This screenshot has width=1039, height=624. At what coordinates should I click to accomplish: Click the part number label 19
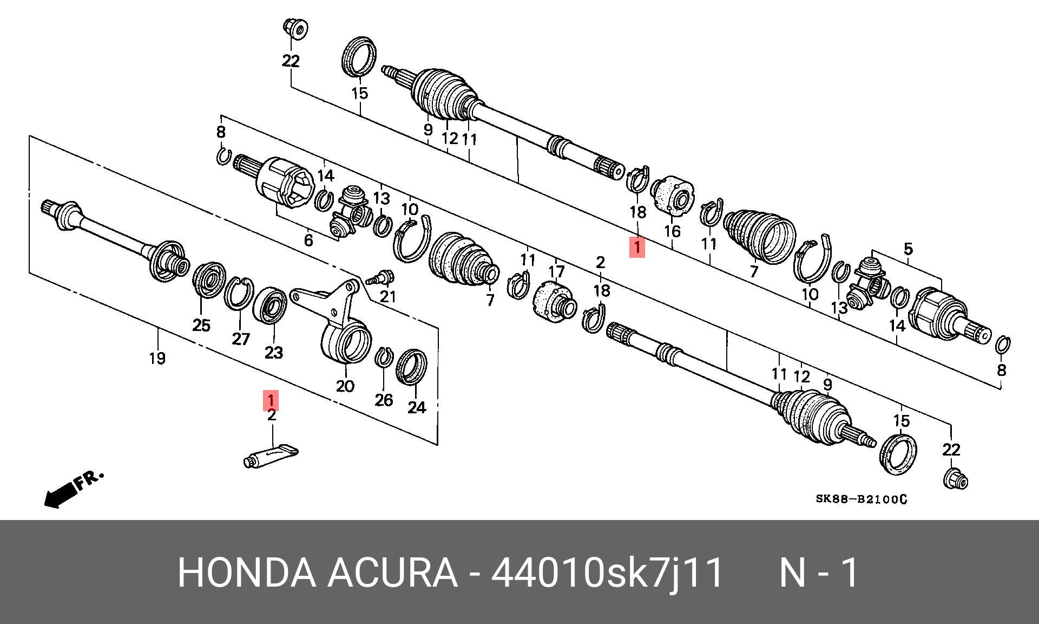coord(157,358)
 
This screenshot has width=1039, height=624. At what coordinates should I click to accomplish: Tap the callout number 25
coord(201,325)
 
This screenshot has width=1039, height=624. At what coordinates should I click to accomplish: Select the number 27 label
coord(241,339)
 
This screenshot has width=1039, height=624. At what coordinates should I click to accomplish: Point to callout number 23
coord(273,353)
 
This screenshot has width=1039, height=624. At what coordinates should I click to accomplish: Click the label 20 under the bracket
coord(345,386)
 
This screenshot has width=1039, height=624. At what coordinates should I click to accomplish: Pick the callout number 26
coord(384,400)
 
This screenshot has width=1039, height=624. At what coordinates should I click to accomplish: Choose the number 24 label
coord(416,407)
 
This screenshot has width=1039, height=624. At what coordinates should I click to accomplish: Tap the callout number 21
coord(388,296)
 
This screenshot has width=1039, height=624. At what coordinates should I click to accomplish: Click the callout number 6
coord(308,239)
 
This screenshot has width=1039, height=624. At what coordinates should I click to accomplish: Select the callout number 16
coord(672,231)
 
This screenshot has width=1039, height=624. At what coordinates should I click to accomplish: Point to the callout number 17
coord(556,271)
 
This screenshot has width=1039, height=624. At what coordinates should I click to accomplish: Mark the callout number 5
coord(908,249)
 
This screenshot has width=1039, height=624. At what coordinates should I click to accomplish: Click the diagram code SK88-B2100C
coord(861,499)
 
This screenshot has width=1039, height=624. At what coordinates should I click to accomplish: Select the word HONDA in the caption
coord(247,573)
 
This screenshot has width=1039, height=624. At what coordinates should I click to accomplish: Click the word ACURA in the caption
coord(392,573)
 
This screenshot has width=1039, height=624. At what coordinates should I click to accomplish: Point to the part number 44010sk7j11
coord(607,573)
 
